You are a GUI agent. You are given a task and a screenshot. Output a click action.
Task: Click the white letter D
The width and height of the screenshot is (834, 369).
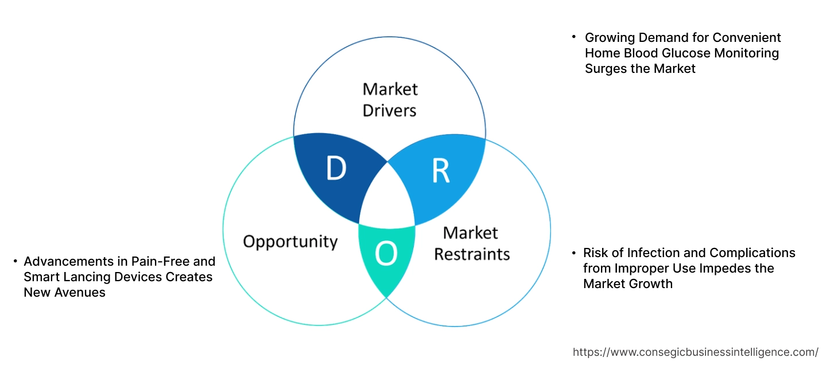336,169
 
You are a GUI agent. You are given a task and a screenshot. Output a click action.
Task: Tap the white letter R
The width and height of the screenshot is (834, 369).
440,170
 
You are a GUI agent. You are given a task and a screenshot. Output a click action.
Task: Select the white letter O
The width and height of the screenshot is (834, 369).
386,254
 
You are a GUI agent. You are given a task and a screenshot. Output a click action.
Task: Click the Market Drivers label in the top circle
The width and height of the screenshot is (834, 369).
390,99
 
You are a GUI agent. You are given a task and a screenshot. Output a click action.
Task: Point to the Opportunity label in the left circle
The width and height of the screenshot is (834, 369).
290,241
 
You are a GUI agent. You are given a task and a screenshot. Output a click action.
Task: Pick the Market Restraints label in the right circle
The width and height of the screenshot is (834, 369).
471,243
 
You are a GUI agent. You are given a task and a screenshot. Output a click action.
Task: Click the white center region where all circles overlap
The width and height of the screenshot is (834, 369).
387,198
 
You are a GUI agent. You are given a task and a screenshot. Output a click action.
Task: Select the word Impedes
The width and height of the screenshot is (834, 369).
723,269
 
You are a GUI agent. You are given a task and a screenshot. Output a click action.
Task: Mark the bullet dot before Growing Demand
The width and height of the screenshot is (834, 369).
573,37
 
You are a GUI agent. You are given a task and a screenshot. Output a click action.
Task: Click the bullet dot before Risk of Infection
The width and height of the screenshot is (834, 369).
573,253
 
